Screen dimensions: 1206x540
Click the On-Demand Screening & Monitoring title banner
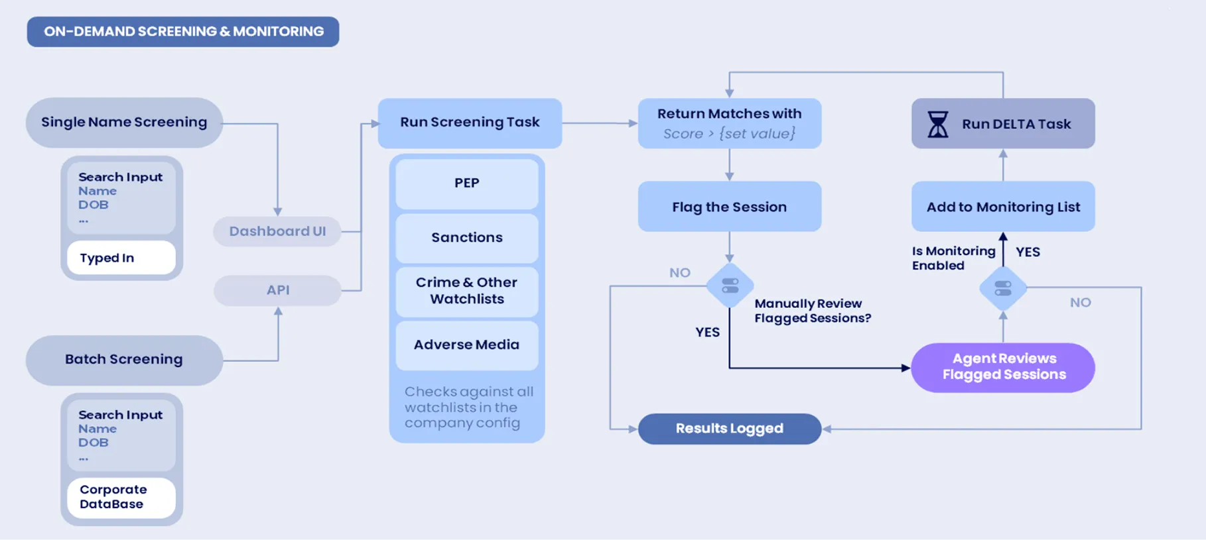183,32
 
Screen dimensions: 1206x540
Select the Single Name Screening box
124,123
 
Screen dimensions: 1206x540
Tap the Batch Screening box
124,360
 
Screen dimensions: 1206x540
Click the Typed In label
121,258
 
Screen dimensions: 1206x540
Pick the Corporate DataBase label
121,497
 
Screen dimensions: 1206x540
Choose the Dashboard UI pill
277,231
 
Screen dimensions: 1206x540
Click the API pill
277,290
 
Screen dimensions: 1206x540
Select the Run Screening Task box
470,123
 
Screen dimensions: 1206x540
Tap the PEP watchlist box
467,184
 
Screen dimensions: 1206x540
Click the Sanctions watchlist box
467,238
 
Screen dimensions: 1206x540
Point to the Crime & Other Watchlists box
467,292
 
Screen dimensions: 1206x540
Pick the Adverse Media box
467,345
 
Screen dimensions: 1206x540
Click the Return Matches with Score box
730,123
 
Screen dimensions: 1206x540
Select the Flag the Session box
730,207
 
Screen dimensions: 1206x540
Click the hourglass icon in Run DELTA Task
938,124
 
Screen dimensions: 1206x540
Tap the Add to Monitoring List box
1003,207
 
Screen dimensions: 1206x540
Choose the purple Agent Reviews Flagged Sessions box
1003,368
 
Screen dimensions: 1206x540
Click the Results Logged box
730,429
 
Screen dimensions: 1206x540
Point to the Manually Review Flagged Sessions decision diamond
730,286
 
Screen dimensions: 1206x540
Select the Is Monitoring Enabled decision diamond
1003,288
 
